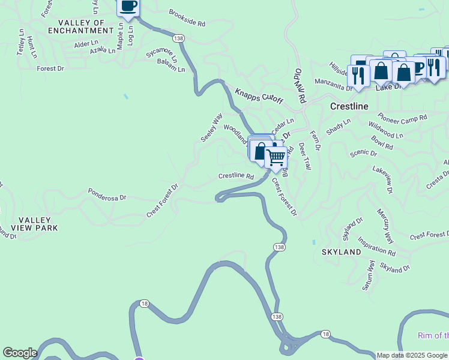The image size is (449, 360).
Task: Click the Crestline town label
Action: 349,106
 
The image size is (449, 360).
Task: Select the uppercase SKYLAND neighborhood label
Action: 342,252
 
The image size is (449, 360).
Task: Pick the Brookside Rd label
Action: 187,19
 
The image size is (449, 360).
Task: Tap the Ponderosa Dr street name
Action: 107,196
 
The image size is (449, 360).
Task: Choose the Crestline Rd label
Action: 236,176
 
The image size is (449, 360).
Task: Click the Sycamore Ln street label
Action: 162,56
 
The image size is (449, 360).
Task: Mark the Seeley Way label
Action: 211,127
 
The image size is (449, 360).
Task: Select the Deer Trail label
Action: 305,155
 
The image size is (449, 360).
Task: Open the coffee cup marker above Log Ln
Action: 128,7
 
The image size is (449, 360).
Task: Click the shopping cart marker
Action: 276,157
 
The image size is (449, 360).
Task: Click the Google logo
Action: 20,353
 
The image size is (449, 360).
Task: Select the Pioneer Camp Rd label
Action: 402,117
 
